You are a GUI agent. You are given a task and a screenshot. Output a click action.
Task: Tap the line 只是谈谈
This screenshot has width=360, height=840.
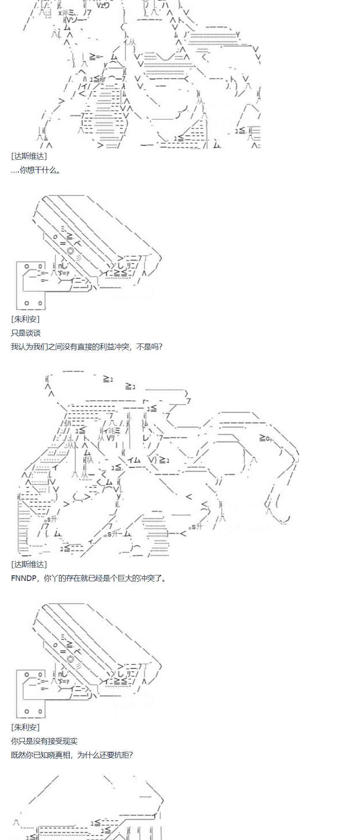click(x=26, y=333)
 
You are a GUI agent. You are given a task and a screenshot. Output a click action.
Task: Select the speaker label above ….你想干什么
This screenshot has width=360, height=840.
click(x=29, y=156)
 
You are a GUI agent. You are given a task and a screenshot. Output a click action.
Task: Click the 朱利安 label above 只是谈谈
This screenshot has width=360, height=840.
click(x=26, y=319)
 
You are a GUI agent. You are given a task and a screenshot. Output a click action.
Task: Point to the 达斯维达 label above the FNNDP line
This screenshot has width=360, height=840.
click(x=29, y=564)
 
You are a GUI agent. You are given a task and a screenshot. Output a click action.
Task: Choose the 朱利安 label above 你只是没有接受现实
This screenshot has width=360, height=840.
click(x=26, y=727)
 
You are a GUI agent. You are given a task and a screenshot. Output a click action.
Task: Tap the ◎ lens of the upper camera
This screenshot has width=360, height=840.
click(x=70, y=251)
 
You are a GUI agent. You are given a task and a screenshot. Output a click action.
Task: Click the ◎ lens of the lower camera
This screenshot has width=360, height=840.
click(x=70, y=659)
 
